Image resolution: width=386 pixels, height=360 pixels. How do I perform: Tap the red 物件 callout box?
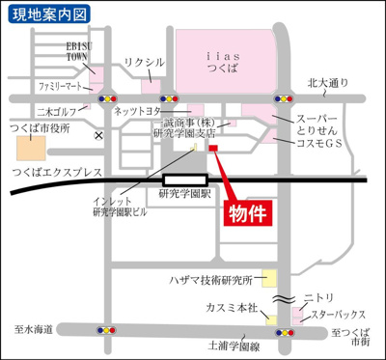248,211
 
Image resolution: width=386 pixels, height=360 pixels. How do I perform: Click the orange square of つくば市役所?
31,149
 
